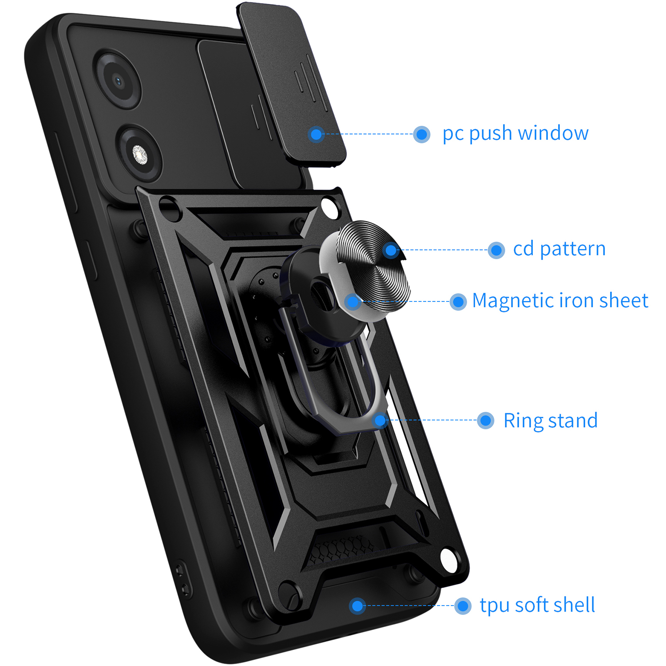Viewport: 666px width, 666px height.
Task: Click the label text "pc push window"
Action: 515,134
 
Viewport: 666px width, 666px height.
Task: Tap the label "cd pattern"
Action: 559,249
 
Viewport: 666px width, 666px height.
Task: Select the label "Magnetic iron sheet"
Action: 560,301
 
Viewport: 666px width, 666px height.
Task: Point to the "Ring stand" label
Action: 551,420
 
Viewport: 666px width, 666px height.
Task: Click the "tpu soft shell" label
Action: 537,605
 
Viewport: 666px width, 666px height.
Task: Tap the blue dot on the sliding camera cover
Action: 316,134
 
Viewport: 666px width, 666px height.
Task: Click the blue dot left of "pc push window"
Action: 421,134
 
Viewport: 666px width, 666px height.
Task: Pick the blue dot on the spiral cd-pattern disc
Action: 391,250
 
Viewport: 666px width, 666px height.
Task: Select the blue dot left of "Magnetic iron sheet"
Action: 458,302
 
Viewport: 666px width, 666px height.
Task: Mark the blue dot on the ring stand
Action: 381,420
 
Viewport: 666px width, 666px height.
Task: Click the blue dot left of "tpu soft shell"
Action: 463,606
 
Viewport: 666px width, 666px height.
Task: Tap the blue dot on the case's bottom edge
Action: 357,606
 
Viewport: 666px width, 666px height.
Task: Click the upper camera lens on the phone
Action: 117,80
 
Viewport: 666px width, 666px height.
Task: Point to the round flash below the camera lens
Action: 139,155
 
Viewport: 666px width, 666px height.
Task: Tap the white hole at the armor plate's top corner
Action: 329,207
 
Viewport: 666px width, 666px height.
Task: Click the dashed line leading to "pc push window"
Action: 369,134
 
